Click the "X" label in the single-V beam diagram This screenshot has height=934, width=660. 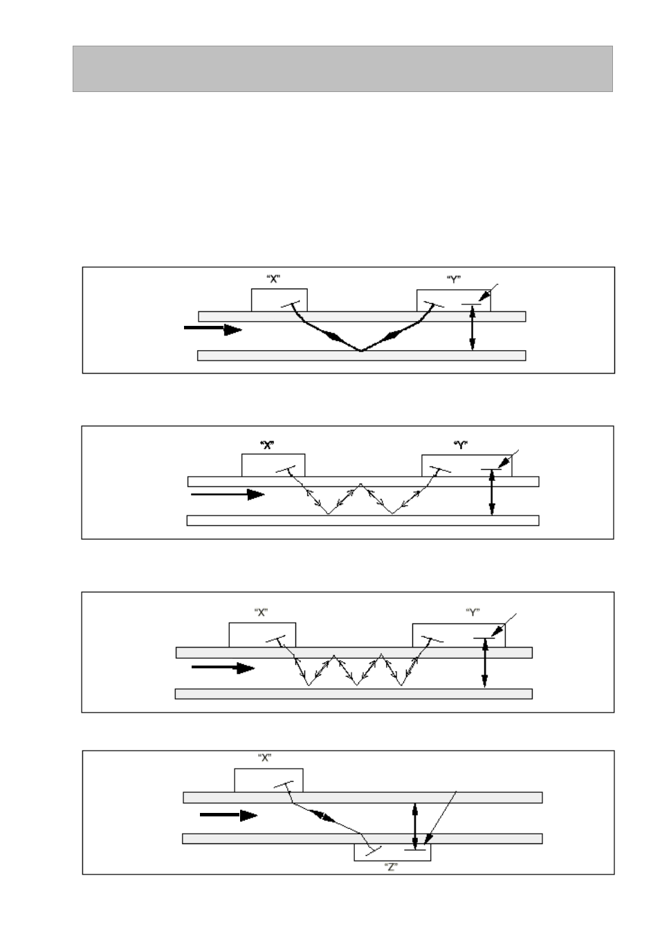273,279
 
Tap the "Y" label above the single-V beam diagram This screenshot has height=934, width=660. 454,280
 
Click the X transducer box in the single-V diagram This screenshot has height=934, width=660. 279,300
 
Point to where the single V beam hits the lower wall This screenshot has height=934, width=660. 361,350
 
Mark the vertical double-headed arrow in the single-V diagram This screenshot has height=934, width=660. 473,328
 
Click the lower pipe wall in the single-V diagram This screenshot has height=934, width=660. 362,355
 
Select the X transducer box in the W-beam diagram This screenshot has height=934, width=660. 273,465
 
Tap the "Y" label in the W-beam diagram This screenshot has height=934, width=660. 461,445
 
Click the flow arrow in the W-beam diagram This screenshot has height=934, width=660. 228,495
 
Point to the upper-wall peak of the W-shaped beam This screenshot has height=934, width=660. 360,484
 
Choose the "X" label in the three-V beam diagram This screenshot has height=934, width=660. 261,612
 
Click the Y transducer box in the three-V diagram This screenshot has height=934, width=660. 459,635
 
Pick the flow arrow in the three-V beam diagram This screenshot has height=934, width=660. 223,668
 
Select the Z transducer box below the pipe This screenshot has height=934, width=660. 392,852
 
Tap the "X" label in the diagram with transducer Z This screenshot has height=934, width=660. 265,757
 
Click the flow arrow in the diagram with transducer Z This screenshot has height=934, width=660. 228,815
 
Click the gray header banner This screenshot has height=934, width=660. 342,68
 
